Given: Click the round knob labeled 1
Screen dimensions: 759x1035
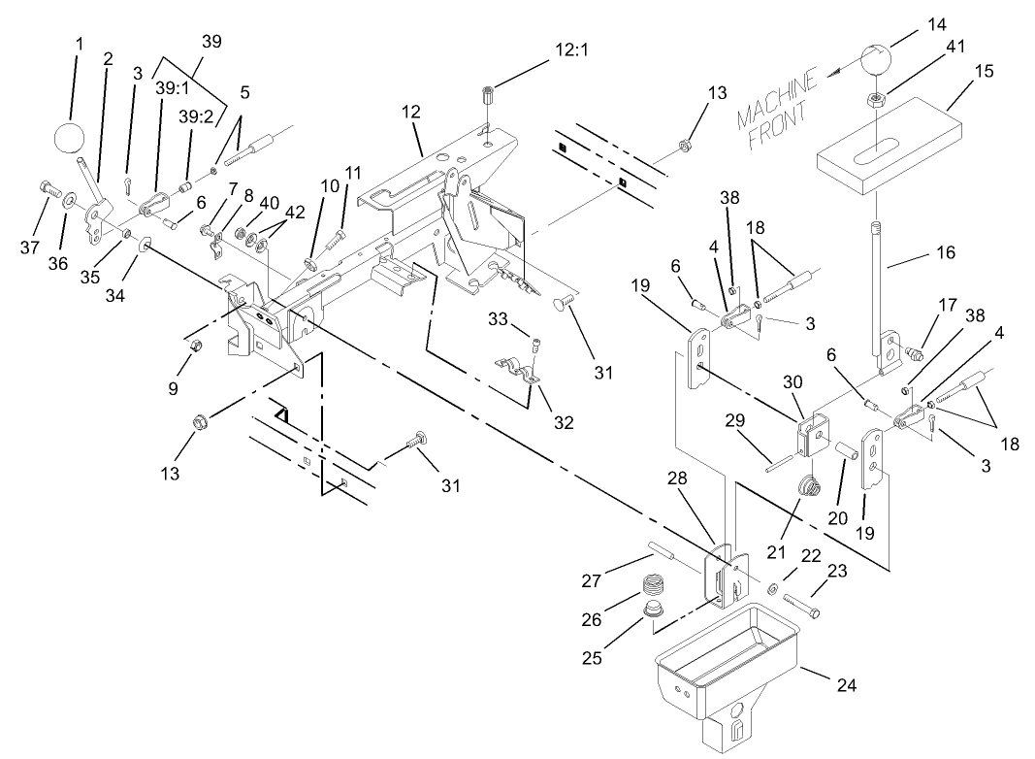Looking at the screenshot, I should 69,137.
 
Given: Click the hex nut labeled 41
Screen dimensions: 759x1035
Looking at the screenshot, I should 877,98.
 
